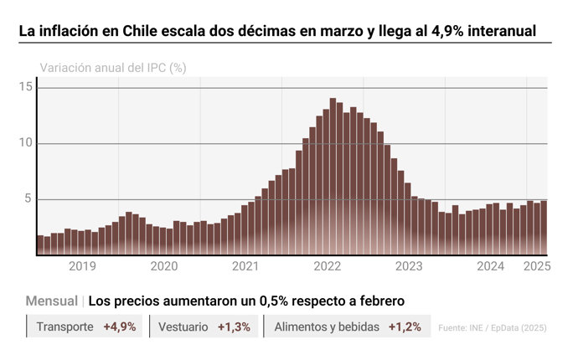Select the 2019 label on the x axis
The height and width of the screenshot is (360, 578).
82,266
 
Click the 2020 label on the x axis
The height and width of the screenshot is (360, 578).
163,266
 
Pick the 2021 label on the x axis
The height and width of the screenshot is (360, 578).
245,266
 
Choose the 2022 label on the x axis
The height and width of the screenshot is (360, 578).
327,266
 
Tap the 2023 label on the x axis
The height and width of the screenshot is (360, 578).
409,266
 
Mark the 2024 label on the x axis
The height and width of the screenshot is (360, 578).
490,266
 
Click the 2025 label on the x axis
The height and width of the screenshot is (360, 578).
536,266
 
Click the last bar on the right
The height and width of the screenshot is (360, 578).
544,227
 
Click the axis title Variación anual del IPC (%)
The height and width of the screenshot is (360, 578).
113,68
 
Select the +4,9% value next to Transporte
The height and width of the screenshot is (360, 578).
119,327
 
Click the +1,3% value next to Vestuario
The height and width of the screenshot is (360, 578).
234,327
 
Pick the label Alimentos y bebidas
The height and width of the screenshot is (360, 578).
327,327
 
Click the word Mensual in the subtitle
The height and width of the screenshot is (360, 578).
52,301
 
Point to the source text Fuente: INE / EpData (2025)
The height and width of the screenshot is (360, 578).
493,328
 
